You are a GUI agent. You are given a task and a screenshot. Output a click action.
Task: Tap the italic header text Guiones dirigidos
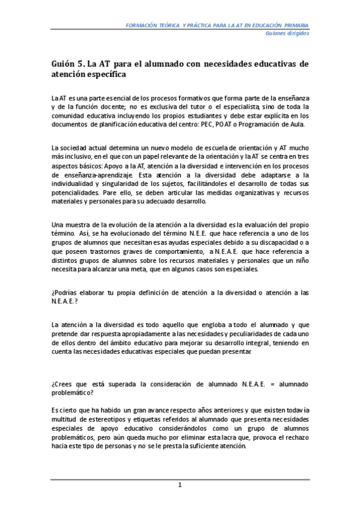click(287, 34)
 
